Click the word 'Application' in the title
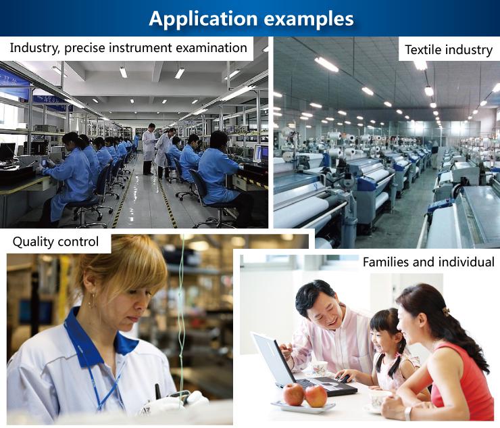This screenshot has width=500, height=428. point(203,19)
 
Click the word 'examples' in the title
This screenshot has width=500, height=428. point(309,18)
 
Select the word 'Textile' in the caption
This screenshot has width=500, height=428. point(423,50)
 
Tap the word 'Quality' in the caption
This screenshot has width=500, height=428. point(33,242)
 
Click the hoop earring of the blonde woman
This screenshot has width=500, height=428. point(92,301)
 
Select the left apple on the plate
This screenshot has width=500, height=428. point(293,394)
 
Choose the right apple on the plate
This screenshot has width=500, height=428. point(316,396)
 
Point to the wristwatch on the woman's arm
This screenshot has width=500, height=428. point(408,414)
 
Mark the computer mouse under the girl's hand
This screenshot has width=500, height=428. point(343,379)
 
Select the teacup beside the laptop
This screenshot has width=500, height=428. point(319,368)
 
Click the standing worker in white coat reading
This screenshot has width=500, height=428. point(149,149)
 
